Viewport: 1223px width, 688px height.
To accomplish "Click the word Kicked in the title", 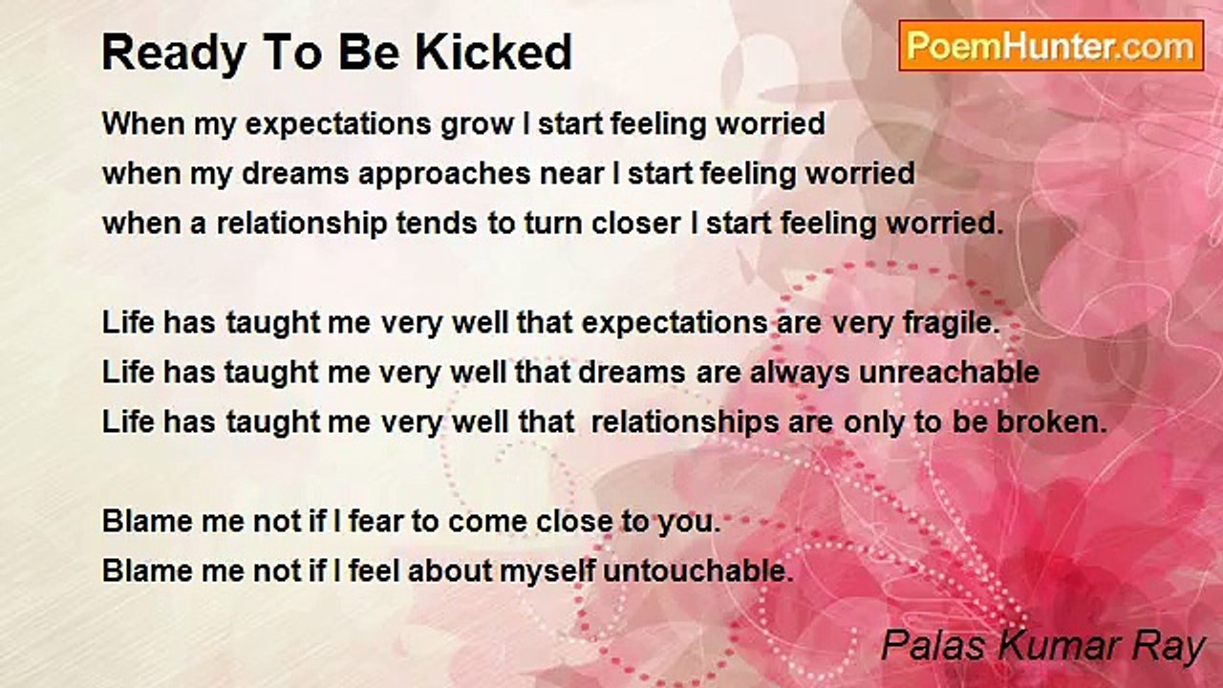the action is [494, 53].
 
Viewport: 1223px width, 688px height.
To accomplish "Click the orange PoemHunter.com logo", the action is [1051, 46].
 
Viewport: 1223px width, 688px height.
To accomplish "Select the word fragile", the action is [951, 324].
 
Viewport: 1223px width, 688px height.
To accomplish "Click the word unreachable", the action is [949, 373].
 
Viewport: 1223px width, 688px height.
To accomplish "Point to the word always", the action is [800, 374].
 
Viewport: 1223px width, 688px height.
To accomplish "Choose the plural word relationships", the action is [685, 423].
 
